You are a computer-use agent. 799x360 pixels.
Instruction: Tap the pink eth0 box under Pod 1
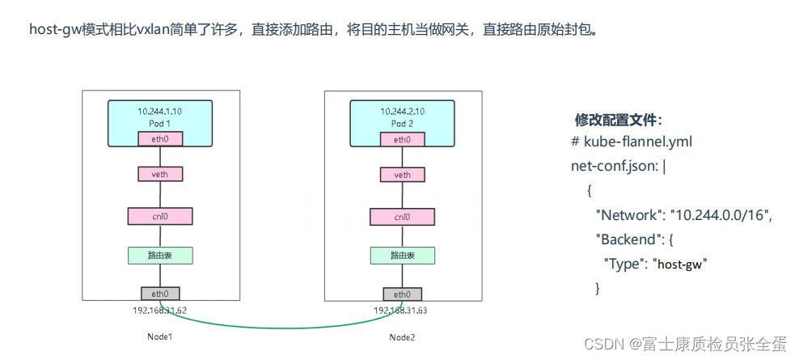[x=159, y=139]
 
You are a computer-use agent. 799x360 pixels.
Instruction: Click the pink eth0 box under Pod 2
[x=402, y=139]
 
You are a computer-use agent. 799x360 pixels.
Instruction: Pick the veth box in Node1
[x=159, y=174]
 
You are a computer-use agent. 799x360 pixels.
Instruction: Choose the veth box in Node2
[x=402, y=174]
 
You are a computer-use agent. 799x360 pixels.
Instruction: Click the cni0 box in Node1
[x=159, y=216]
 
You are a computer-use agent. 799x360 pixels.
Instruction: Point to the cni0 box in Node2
[x=402, y=216]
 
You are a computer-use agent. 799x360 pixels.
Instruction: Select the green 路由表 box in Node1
[x=159, y=255]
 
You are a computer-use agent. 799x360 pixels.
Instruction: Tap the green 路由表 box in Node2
[x=402, y=255]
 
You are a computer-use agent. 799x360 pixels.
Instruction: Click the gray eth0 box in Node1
[x=159, y=294]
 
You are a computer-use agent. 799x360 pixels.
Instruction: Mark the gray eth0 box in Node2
[x=402, y=294]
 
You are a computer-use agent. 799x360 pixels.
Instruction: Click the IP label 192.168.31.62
[x=159, y=309]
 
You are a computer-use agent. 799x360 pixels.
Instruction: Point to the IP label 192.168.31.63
[x=402, y=309]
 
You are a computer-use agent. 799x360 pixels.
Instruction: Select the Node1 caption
[x=159, y=336]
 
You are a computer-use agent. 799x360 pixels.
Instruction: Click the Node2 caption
[x=402, y=336]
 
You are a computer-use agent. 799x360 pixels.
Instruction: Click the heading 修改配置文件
[x=619, y=120]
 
